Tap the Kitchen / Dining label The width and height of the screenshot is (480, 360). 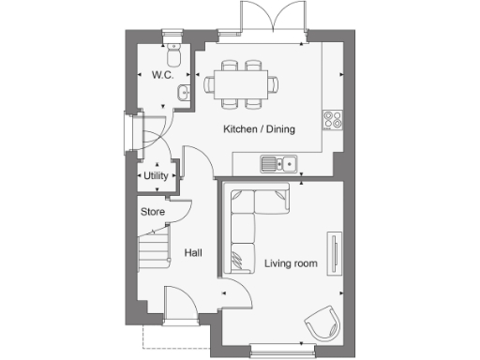click(x=259, y=128)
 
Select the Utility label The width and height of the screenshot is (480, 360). click(x=156, y=175)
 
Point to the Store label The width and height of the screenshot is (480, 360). click(x=153, y=212)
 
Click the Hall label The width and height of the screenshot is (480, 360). click(x=193, y=252)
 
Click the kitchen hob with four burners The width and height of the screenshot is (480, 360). click(x=332, y=118)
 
